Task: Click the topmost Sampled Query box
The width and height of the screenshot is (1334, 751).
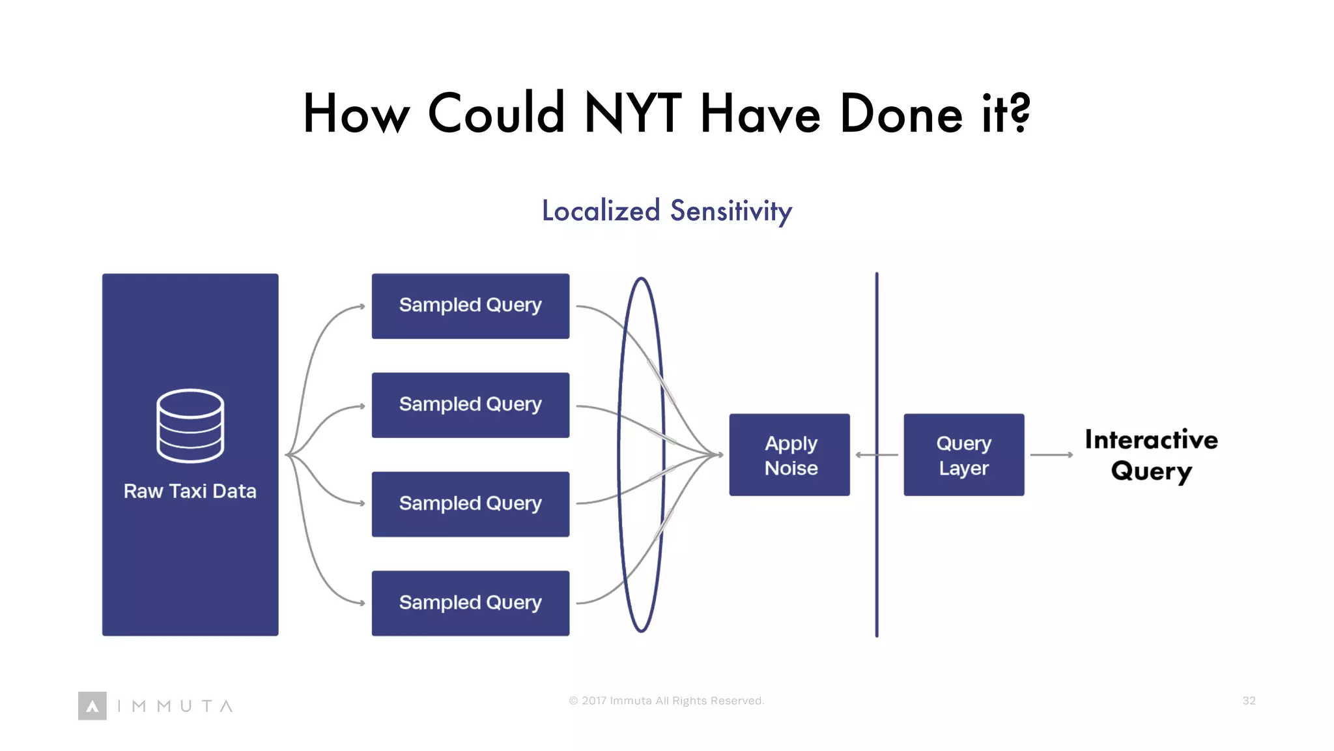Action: tap(470, 306)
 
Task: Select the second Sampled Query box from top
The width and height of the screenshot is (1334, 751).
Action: tap(470, 405)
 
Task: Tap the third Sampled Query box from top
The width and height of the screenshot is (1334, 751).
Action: tap(470, 504)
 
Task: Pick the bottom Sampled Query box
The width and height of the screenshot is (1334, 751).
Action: tap(470, 603)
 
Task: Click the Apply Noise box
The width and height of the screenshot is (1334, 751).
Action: tap(789, 455)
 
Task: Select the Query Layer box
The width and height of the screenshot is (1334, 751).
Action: tap(963, 455)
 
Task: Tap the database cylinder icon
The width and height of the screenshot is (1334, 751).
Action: tap(190, 426)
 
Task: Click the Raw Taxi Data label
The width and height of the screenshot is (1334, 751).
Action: tap(190, 491)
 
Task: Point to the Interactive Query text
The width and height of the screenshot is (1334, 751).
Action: tap(1151, 455)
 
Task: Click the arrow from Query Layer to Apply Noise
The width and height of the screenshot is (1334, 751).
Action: tap(876, 455)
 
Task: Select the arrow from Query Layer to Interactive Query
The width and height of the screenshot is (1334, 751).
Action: tap(1051, 455)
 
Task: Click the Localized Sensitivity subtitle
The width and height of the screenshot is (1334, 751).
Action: tap(667, 211)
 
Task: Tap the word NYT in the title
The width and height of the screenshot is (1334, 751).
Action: tap(632, 113)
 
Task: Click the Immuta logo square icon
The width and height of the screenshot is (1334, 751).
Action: tap(92, 706)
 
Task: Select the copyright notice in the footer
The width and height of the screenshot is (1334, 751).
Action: tap(666, 701)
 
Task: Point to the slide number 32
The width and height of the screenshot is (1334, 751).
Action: tap(1249, 701)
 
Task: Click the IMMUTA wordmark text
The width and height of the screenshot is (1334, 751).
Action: tap(175, 706)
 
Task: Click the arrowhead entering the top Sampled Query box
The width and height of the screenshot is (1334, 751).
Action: tap(362, 306)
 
